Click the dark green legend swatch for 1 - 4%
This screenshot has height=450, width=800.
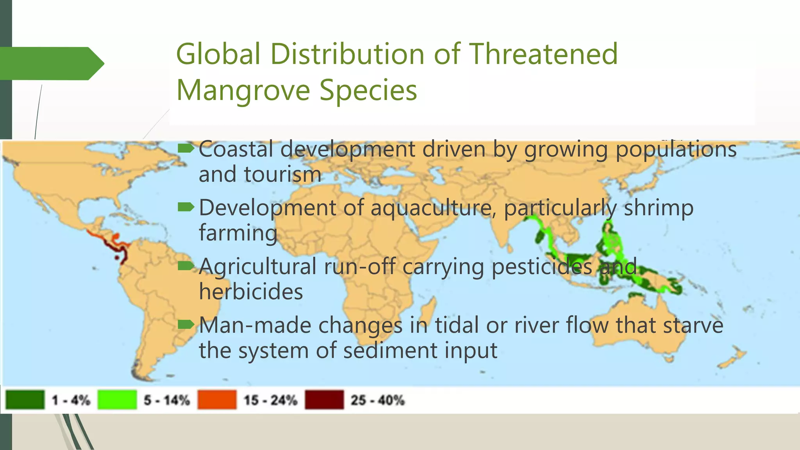pyautogui.click(x=25, y=400)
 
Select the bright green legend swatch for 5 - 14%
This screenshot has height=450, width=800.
pyautogui.click(x=117, y=400)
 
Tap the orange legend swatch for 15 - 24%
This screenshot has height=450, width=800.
pyautogui.click(x=217, y=400)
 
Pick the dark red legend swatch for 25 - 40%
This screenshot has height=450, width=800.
pyautogui.click(x=324, y=400)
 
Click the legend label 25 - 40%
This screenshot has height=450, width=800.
pyautogui.click(x=377, y=400)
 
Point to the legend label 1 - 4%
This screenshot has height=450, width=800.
pyautogui.click(x=71, y=400)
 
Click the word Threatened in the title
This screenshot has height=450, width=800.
pyautogui.click(x=543, y=54)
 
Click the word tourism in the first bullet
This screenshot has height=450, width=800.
pyautogui.click(x=282, y=174)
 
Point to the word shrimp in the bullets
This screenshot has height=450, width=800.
pyautogui.click(x=659, y=208)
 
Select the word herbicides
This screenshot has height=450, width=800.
pyautogui.click(x=251, y=292)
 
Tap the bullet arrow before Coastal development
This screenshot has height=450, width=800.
pyautogui.click(x=186, y=148)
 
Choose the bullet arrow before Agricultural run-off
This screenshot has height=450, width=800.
pyautogui.click(x=186, y=266)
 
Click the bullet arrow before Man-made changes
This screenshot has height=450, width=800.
pyautogui.click(x=186, y=325)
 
